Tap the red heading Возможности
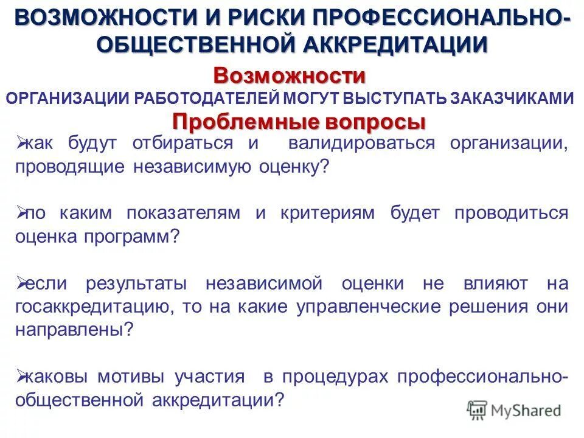289,77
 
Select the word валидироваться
362,144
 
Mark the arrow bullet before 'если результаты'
19,283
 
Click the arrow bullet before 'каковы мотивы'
19,377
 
